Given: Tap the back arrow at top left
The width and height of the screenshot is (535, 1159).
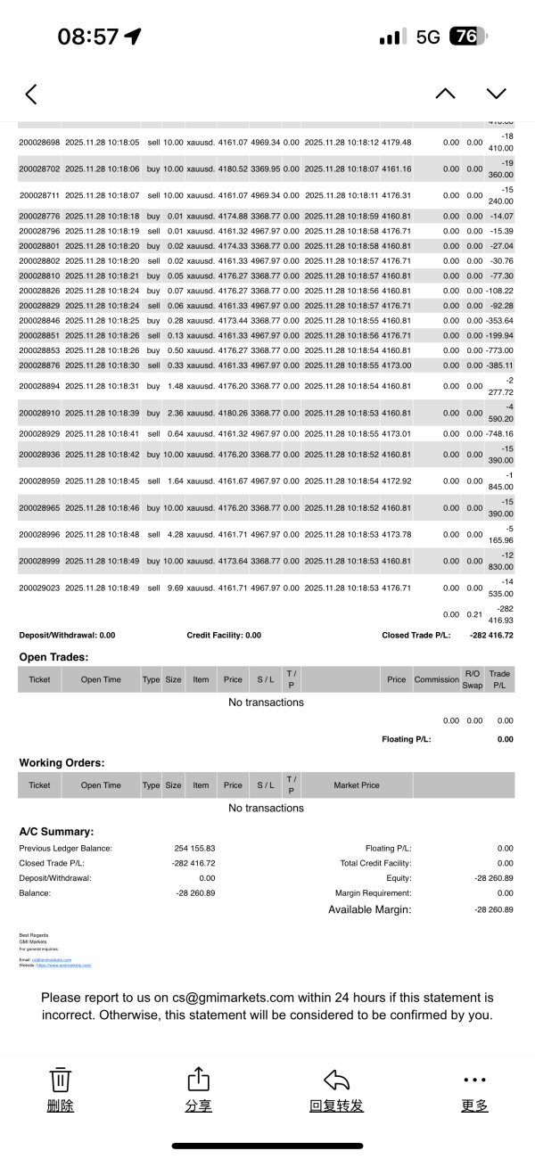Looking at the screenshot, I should (31, 94).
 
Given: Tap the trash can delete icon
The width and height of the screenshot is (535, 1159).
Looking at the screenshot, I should (60, 1080).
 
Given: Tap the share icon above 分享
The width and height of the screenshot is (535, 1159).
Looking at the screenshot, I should (198, 1080).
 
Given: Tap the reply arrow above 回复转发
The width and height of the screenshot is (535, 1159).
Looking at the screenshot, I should (336, 1080).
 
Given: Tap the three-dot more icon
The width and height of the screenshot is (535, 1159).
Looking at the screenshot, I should (475, 1080).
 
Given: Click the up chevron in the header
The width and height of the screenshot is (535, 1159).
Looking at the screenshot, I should (445, 94).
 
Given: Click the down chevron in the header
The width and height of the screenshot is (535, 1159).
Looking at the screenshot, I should (496, 94).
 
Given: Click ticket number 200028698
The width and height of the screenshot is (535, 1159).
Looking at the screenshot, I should (39, 142).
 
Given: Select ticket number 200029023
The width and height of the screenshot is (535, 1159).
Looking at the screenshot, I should (39, 588).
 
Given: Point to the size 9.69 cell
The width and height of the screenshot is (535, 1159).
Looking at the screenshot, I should (173, 588).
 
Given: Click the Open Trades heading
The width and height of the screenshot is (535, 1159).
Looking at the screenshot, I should (53, 657).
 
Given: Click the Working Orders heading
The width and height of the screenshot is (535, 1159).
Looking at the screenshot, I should (62, 763).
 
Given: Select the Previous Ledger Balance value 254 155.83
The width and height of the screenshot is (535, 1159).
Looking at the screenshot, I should (194, 848).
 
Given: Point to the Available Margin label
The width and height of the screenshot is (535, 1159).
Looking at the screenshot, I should (369, 909).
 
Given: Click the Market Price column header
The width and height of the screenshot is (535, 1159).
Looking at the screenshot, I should (357, 785).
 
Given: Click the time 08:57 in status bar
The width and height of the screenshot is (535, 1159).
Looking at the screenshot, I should (87, 37).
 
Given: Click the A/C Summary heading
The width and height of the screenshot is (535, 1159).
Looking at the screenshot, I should (56, 831).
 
